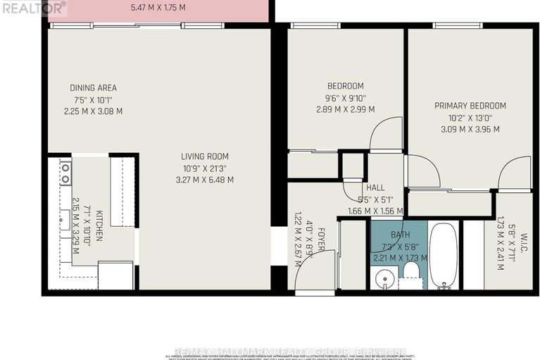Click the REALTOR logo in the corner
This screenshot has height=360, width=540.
coord(33,7)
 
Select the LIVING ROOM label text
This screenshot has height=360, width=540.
coord(204,156)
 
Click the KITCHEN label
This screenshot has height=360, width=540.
coord(100,225)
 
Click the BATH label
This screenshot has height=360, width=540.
coord(384,236)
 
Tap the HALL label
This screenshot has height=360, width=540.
coord(375,187)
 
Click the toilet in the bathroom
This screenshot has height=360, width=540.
coord(410,283)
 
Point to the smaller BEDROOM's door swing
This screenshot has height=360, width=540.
coord(385,134)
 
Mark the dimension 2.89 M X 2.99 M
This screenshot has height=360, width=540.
coord(345,109)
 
